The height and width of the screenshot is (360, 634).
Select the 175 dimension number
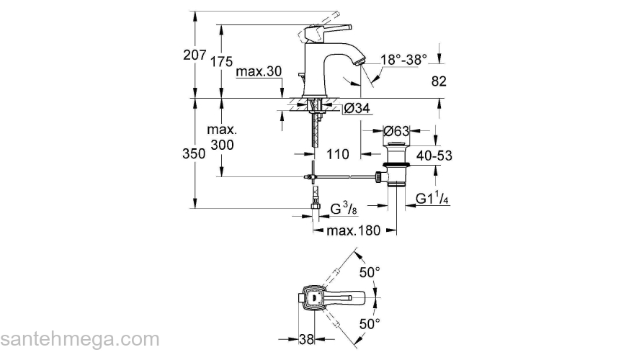click(222, 62)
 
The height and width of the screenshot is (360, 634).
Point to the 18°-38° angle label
click(403, 60)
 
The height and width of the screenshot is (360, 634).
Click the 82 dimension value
click(439, 82)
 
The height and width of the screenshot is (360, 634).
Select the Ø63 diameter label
click(396, 131)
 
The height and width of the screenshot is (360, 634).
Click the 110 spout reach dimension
click(337, 154)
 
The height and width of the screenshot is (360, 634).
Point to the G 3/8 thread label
click(344, 210)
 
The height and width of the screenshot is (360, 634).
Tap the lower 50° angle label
click(369, 324)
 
